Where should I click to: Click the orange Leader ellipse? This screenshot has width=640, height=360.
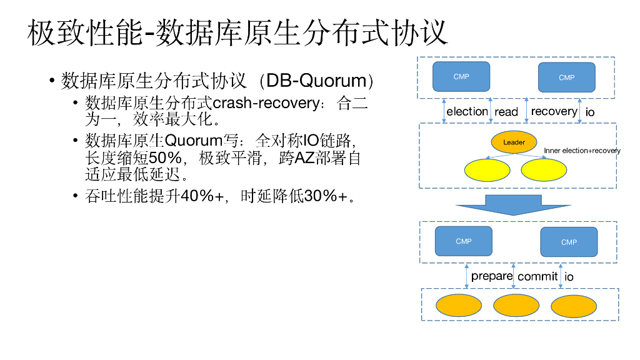pyautogui.click(x=514, y=142)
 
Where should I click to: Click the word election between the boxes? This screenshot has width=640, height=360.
pyautogui.click(x=467, y=112)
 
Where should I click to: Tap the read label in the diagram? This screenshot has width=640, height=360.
pyautogui.click(x=506, y=112)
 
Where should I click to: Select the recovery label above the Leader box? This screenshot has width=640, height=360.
pyautogui.click(x=554, y=111)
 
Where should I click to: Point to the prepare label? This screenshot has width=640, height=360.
pyautogui.click(x=492, y=276)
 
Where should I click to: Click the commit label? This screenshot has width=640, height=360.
pyautogui.click(x=537, y=277)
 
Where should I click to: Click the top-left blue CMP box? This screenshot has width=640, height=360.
pyautogui.click(x=461, y=77)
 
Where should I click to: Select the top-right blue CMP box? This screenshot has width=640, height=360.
pyautogui.click(x=566, y=77)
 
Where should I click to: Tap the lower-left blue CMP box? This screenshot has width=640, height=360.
pyautogui.click(x=463, y=241)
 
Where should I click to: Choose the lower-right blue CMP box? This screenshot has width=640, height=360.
pyautogui.click(x=569, y=242)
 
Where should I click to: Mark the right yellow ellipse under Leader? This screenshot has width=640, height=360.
pyautogui.click(x=544, y=170)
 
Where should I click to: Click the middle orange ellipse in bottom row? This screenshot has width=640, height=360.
pyautogui.click(x=516, y=305)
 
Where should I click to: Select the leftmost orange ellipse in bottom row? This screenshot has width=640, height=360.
pyautogui.click(x=458, y=306)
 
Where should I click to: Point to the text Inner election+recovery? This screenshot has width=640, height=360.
pyautogui.click(x=582, y=151)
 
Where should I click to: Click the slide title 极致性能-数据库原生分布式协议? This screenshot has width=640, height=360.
pyautogui.click(x=237, y=32)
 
